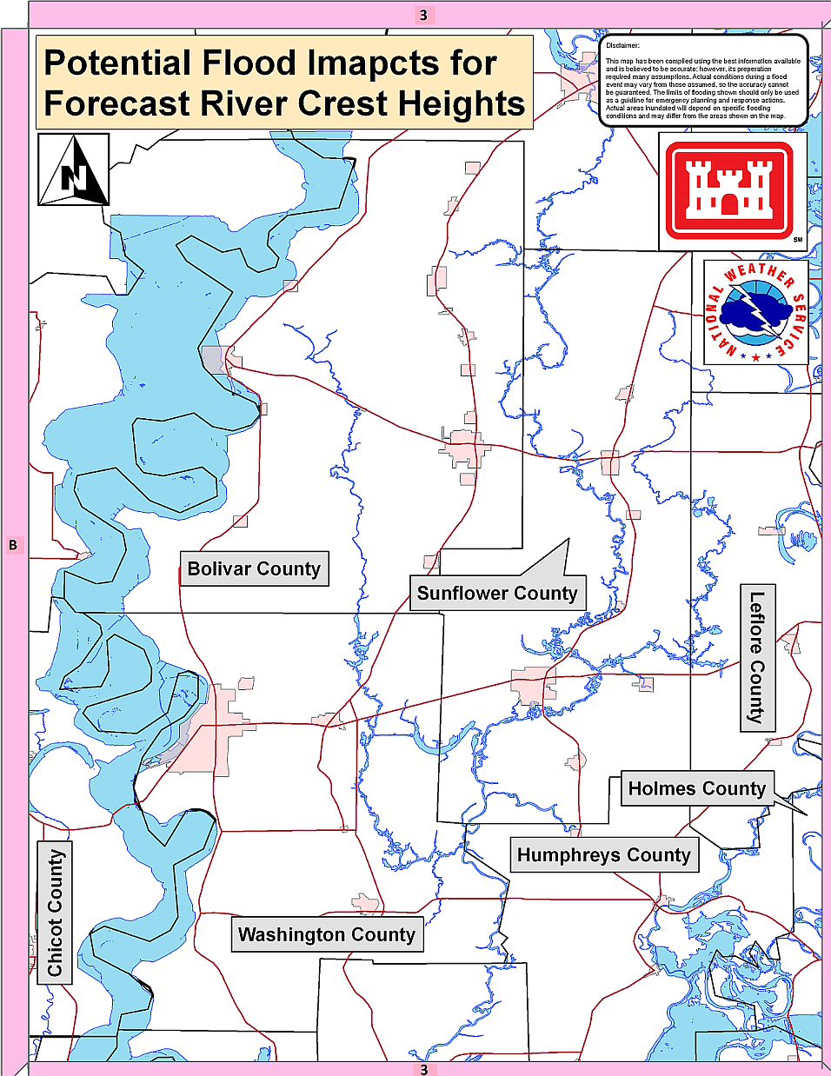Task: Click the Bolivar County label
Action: click(x=254, y=569)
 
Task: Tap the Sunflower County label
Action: click(x=496, y=594)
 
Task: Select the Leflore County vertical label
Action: click(x=757, y=657)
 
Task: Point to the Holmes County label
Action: click(x=696, y=789)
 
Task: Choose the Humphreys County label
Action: click(x=603, y=855)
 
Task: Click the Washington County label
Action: click(x=327, y=935)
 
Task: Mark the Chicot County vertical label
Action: click(x=55, y=913)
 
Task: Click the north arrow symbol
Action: click(x=74, y=170)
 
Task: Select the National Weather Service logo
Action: click(x=755, y=312)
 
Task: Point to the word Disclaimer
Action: click(x=622, y=45)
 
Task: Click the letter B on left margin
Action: click(x=13, y=545)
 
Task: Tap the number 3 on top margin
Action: click(x=423, y=15)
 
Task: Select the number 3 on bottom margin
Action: click(x=423, y=1069)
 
